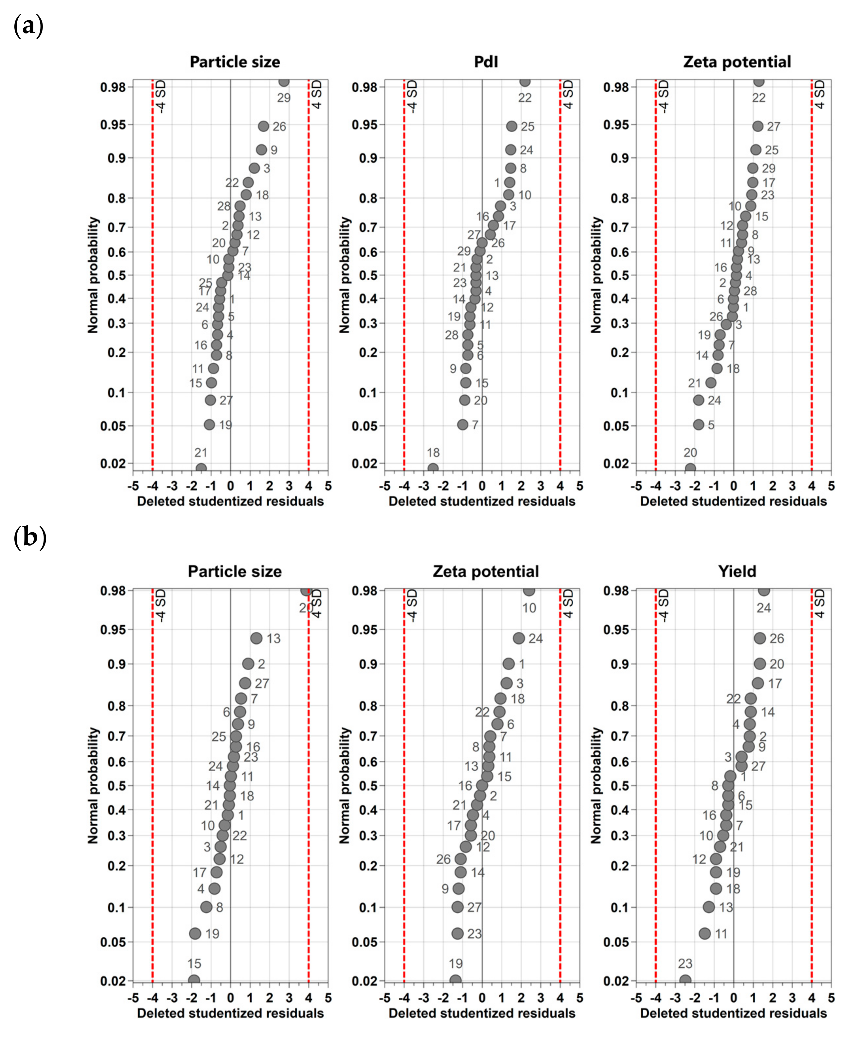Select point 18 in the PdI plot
click(432, 468)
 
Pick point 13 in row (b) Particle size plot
click(256, 638)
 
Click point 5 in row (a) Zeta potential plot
click(698, 424)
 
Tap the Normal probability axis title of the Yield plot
click(596, 785)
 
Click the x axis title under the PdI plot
click(481, 501)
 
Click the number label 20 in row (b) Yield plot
click(776, 664)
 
